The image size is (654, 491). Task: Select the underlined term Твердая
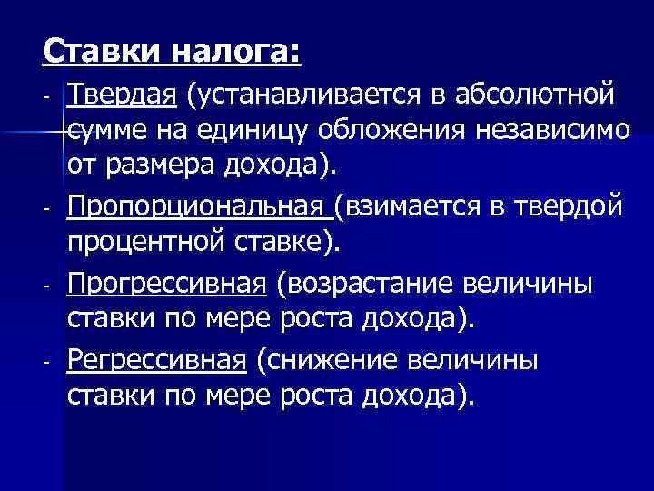click(122, 94)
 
